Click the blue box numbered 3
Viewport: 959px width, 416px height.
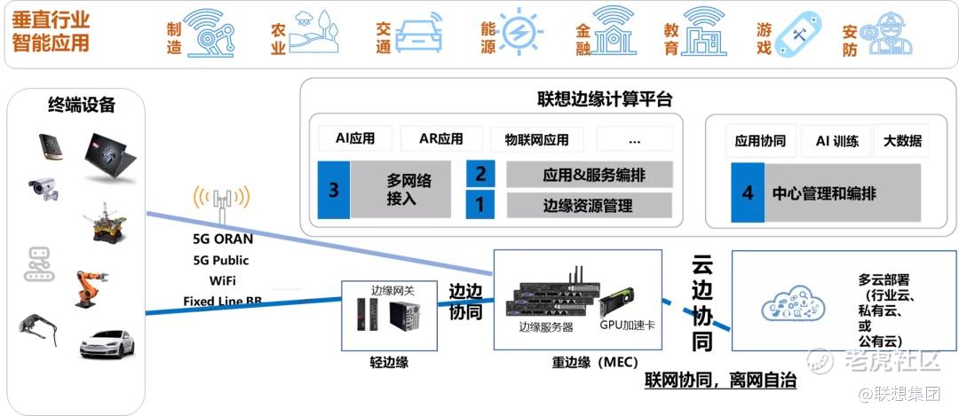pyautogui.click(x=334, y=190)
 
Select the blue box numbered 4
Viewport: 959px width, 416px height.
pyautogui.click(x=748, y=192)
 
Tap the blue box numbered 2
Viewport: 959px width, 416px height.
pyautogui.click(x=480, y=174)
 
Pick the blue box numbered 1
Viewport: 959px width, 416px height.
pyautogui.click(x=480, y=206)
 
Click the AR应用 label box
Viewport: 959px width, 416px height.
pyautogui.click(x=441, y=139)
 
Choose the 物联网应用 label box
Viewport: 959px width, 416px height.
pyautogui.click(x=537, y=139)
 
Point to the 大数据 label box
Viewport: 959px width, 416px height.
pyautogui.click(x=902, y=140)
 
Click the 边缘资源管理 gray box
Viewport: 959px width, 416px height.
pyautogui.click(x=589, y=206)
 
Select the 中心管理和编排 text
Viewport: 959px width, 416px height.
pyautogui.click(x=824, y=192)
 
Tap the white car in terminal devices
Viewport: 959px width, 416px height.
pyautogui.click(x=106, y=342)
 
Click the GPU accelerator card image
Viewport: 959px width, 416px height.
pyautogui.click(x=626, y=302)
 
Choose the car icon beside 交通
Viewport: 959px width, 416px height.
pyautogui.click(x=419, y=33)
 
